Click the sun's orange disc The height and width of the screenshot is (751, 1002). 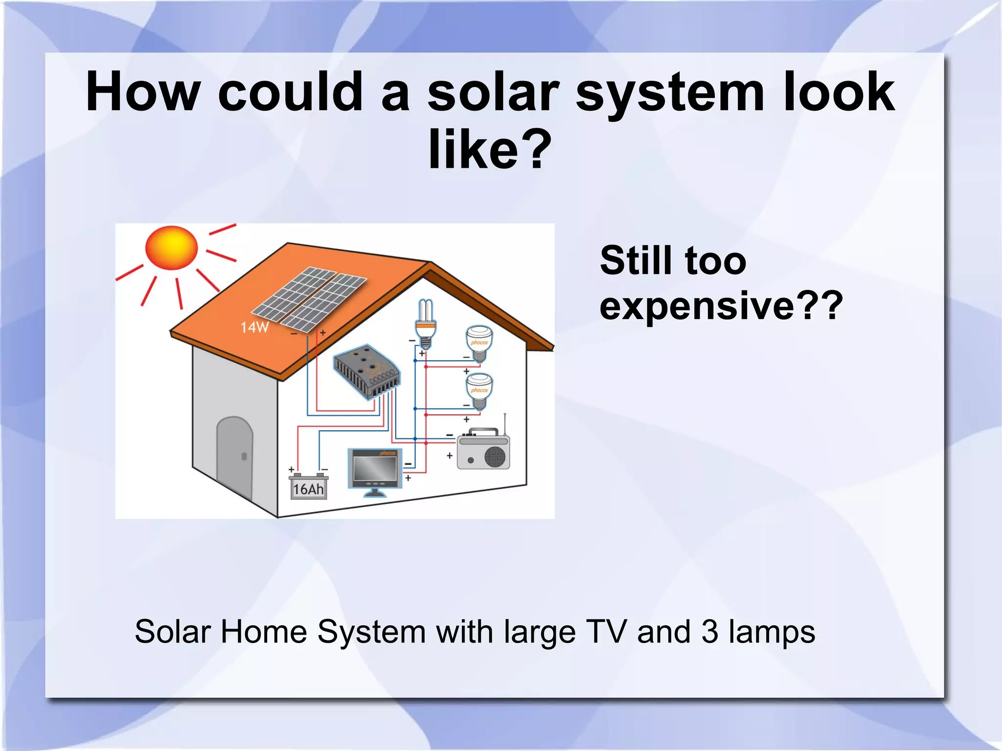tap(171, 247)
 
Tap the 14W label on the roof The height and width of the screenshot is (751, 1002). tap(254, 327)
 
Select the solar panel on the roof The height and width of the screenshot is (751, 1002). tap(309, 298)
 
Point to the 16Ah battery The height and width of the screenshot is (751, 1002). tap(308, 487)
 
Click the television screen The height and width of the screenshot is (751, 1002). tap(375, 469)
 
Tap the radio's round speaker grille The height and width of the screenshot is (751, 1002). tap(495, 456)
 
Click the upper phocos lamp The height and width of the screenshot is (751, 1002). tap(478, 342)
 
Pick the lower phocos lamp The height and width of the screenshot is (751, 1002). tap(478, 390)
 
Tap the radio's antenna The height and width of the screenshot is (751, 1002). tap(505, 424)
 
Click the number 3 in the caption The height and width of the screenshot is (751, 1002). tap(710, 632)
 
